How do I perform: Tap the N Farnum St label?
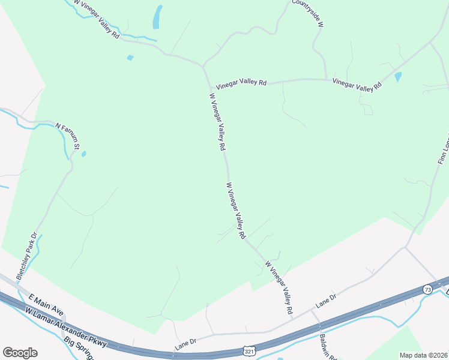click(68, 136)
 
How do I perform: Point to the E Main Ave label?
click(46, 305)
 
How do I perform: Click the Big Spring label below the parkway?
click(79, 348)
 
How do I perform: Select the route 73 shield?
click(427, 289)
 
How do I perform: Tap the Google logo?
click(20, 353)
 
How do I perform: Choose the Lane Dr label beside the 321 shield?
click(186, 344)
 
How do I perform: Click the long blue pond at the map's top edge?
click(157, 17)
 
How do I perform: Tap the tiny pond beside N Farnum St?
click(83, 154)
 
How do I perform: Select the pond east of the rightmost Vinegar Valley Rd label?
click(398, 77)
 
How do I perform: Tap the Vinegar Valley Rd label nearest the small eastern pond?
click(357, 85)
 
